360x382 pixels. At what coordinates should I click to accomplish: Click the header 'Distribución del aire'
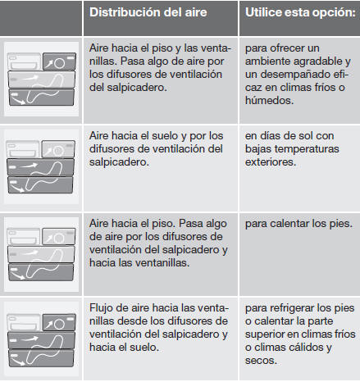[148, 12]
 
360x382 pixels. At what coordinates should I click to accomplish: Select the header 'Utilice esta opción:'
[300, 12]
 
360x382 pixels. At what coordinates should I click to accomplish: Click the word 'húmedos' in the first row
[268, 101]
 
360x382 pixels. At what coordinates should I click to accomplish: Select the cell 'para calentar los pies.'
[298, 224]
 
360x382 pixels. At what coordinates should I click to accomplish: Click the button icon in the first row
[41, 79]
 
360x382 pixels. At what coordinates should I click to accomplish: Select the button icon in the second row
[41, 166]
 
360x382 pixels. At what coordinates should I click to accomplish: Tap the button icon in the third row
[41, 254]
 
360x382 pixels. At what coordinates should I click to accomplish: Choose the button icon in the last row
[41, 340]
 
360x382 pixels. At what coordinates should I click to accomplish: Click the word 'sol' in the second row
[306, 136]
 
